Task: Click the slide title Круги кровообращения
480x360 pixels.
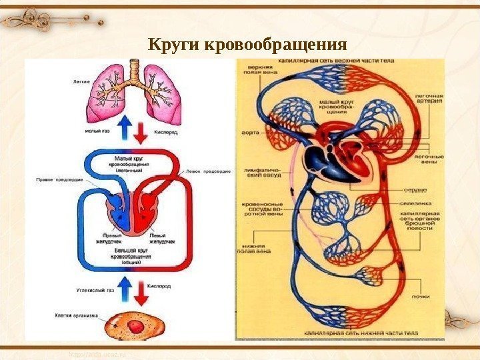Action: (x=247, y=45)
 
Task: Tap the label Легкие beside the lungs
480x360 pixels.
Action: (x=81, y=82)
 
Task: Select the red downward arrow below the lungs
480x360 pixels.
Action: (x=141, y=133)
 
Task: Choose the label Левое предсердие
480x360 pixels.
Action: (x=209, y=171)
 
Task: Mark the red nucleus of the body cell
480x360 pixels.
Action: (x=135, y=327)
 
